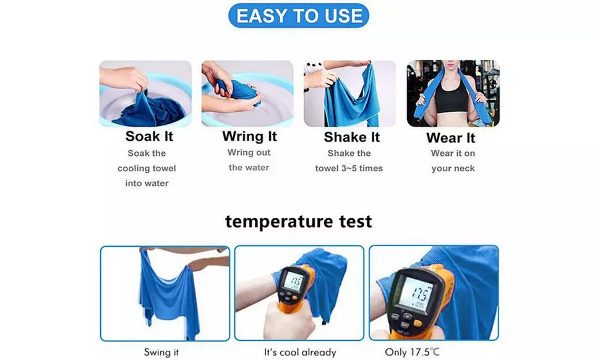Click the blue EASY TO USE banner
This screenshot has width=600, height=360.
299,16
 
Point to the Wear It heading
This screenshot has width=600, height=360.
451,137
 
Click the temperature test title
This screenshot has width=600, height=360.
299,221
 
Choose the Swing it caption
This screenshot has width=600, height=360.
162,352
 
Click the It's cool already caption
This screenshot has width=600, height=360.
300,352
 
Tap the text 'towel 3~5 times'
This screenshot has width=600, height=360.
349,168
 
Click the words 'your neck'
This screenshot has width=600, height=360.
453,168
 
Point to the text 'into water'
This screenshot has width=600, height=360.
147,183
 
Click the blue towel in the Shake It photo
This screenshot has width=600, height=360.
353,99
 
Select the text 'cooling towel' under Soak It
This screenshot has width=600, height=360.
147,168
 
